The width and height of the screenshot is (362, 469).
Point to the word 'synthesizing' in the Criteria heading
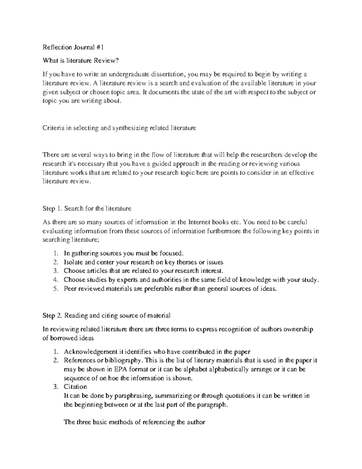[x=130, y=128]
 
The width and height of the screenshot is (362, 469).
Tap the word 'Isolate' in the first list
[x=73, y=262]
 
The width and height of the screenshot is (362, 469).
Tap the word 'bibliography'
[x=124, y=360]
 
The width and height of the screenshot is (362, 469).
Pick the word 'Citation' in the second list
[x=75, y=387]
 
